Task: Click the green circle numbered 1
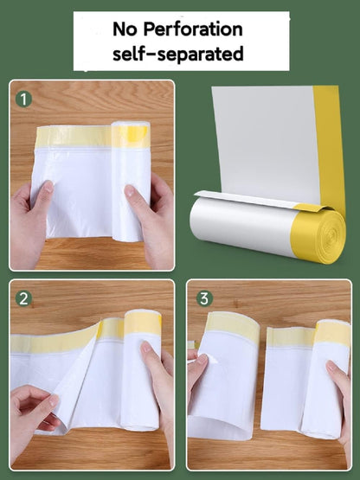tap(24, 99)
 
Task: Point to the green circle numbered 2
tap(24, 298)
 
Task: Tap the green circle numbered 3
tap(204, 298)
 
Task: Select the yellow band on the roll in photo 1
tap(131, 135)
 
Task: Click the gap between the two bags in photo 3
tap(261, 381)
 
